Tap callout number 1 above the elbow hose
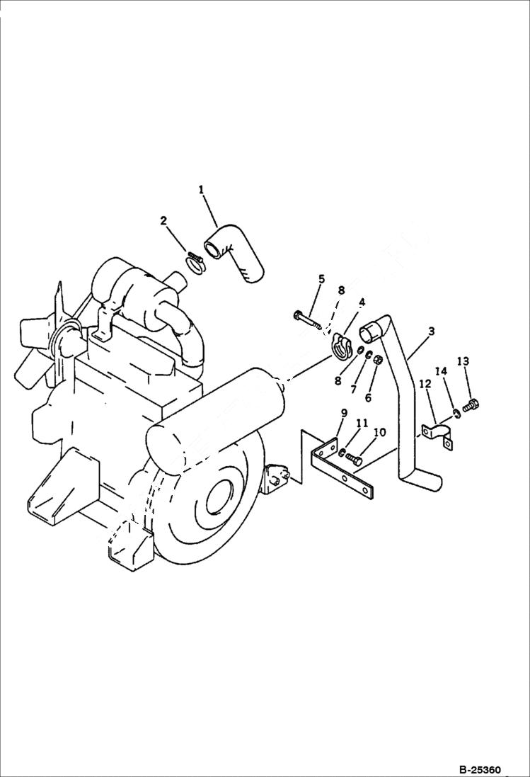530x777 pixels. coord(202,189)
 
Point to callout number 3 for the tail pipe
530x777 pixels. coord(431,331)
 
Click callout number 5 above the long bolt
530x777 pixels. coord(322,279)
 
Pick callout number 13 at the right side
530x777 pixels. coord(463,361)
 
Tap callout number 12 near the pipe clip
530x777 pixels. coord(425,384)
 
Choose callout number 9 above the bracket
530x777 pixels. coord(344,413)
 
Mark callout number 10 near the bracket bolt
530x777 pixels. coord(379,432)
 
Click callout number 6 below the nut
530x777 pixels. coord(368,398)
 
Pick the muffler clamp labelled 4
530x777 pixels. coord(340,346)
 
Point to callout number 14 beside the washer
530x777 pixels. coord(441,371)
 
